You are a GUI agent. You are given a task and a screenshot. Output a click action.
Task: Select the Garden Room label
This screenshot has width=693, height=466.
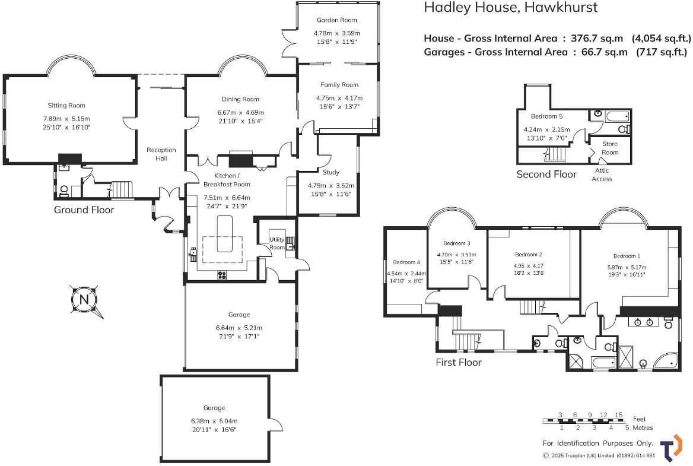coord(336,20)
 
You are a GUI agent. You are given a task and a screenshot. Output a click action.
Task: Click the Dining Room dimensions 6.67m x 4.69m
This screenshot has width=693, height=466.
coord(240,112)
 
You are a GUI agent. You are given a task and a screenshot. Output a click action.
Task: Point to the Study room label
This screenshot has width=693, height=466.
coord(330,173)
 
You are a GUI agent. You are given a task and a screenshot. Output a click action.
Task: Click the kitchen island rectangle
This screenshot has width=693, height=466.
coord(223,234)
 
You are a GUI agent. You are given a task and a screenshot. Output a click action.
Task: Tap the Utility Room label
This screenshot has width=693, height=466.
coord(277,243)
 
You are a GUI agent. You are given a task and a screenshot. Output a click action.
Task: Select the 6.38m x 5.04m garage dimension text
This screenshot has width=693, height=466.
coord(214,421)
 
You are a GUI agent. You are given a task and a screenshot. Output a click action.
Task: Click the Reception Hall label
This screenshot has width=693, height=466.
coord(161,154)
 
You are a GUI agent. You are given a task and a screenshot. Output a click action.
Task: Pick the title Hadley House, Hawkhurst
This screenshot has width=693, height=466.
coord(510,8)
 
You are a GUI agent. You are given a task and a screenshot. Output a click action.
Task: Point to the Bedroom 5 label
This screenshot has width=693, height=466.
coord(546,116)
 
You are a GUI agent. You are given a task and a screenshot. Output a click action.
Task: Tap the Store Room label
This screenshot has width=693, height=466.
coord(610,148)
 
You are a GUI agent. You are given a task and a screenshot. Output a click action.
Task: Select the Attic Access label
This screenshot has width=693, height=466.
coord(602,175)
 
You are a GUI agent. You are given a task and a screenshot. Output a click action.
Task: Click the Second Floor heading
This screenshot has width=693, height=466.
coord(546,175)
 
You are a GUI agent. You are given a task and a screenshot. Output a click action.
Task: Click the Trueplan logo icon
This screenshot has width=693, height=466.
coord(670,448)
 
